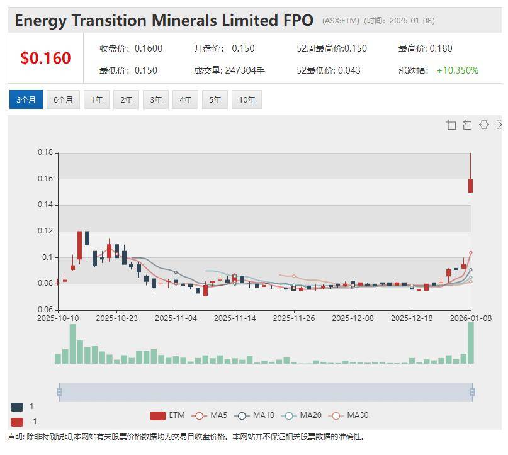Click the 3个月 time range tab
[26, 99]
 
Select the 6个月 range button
[63, 99]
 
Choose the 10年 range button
[247, 99]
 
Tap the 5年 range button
[215, 99]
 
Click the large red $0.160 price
[45, 59]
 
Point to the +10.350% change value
[458, 70]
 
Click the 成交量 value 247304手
[245, 70]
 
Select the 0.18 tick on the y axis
[45, 152]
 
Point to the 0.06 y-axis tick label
[45, 310]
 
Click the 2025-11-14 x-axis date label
[235, 318]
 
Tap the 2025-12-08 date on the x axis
[353, 318]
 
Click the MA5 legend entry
[210, 415]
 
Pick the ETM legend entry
[167, 415]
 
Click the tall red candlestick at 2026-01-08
[470, 185]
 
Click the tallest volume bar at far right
[470, 343]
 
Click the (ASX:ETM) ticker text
[341, 21]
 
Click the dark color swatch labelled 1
[17, 407]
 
